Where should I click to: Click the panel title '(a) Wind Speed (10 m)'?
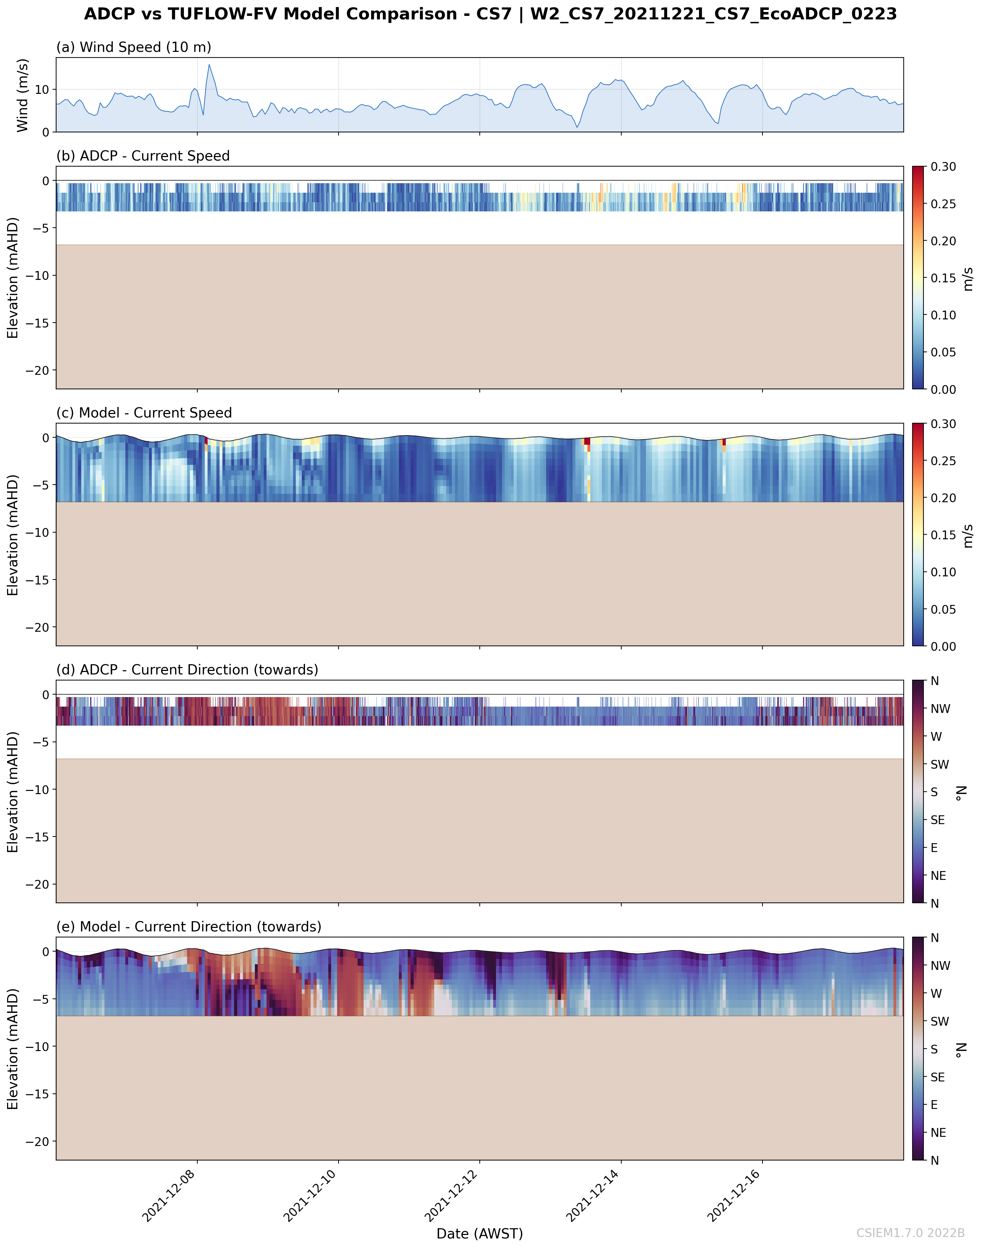coord(133,47)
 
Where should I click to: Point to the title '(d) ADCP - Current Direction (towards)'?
coord(187,670)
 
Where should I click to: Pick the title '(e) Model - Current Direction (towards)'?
coord(189,926)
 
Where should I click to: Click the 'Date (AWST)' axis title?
coord(480,1234)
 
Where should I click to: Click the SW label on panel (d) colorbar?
coord(940,764)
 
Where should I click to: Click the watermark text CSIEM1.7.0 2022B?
coord(910,1233)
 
